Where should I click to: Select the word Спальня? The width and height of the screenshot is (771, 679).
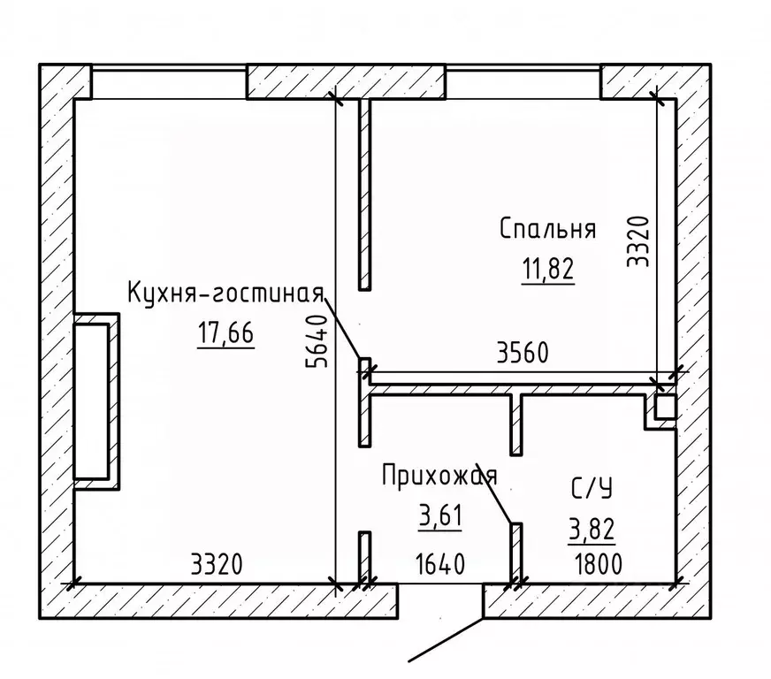click(547, 229)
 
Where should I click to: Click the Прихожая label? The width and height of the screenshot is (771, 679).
click(439, 477)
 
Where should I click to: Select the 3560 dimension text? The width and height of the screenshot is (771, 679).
click(523, 354)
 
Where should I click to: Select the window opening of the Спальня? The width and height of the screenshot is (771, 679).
click(524, 82)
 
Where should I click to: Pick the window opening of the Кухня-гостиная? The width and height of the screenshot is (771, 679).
click(168, 82)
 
